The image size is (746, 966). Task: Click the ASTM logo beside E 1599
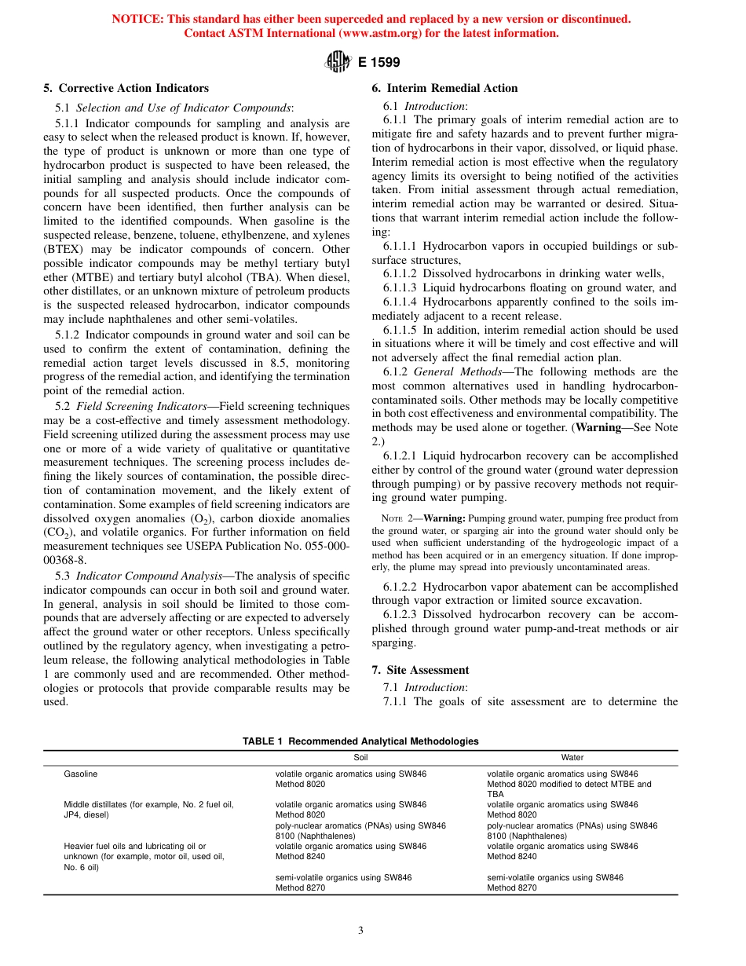point(338,62)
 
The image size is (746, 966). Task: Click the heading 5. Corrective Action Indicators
point(126,88)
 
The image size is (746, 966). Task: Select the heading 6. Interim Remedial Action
point(444,88)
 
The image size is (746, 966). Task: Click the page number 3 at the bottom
point(360,931)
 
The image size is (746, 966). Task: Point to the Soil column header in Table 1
point(360,758)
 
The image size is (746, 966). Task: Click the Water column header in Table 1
point(572,758)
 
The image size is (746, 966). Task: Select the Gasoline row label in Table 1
point(81,774)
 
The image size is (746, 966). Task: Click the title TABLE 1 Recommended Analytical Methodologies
point(360,741)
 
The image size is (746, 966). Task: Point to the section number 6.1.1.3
point(404,287)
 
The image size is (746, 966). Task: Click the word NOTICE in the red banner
point(137,19)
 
